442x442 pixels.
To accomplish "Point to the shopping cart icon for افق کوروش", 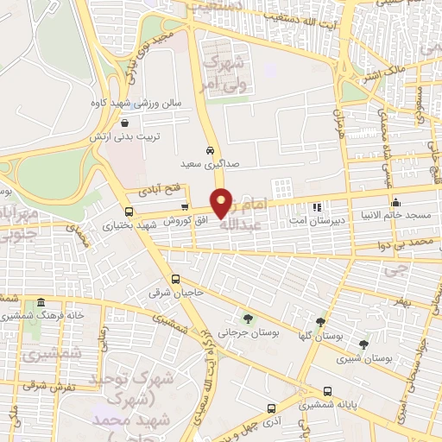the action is tap(186, 206).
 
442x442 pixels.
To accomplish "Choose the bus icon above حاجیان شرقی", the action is tap(176, 279).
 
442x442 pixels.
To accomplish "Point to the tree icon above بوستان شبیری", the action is tap(376, 342).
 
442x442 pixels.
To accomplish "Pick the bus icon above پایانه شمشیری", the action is tap(327, 390).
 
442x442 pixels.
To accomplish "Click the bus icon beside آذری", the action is tap(272, 407).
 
